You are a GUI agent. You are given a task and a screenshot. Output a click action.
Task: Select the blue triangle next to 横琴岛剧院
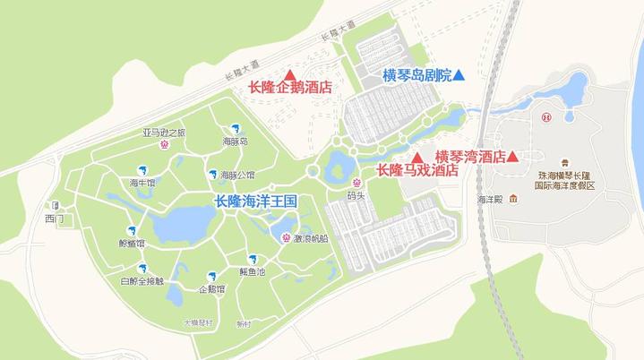459,76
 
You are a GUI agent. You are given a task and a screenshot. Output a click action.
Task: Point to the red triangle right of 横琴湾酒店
512,157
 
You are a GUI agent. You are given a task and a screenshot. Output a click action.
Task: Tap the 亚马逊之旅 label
163,133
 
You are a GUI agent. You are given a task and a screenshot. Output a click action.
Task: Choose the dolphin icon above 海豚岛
235,128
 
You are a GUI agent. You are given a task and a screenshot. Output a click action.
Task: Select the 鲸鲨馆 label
131,243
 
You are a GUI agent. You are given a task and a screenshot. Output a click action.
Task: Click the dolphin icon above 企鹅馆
212,275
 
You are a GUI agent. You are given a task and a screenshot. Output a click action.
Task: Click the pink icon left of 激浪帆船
285,238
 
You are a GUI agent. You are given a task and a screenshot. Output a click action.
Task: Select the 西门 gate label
54,218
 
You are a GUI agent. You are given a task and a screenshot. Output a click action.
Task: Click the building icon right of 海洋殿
513,199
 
